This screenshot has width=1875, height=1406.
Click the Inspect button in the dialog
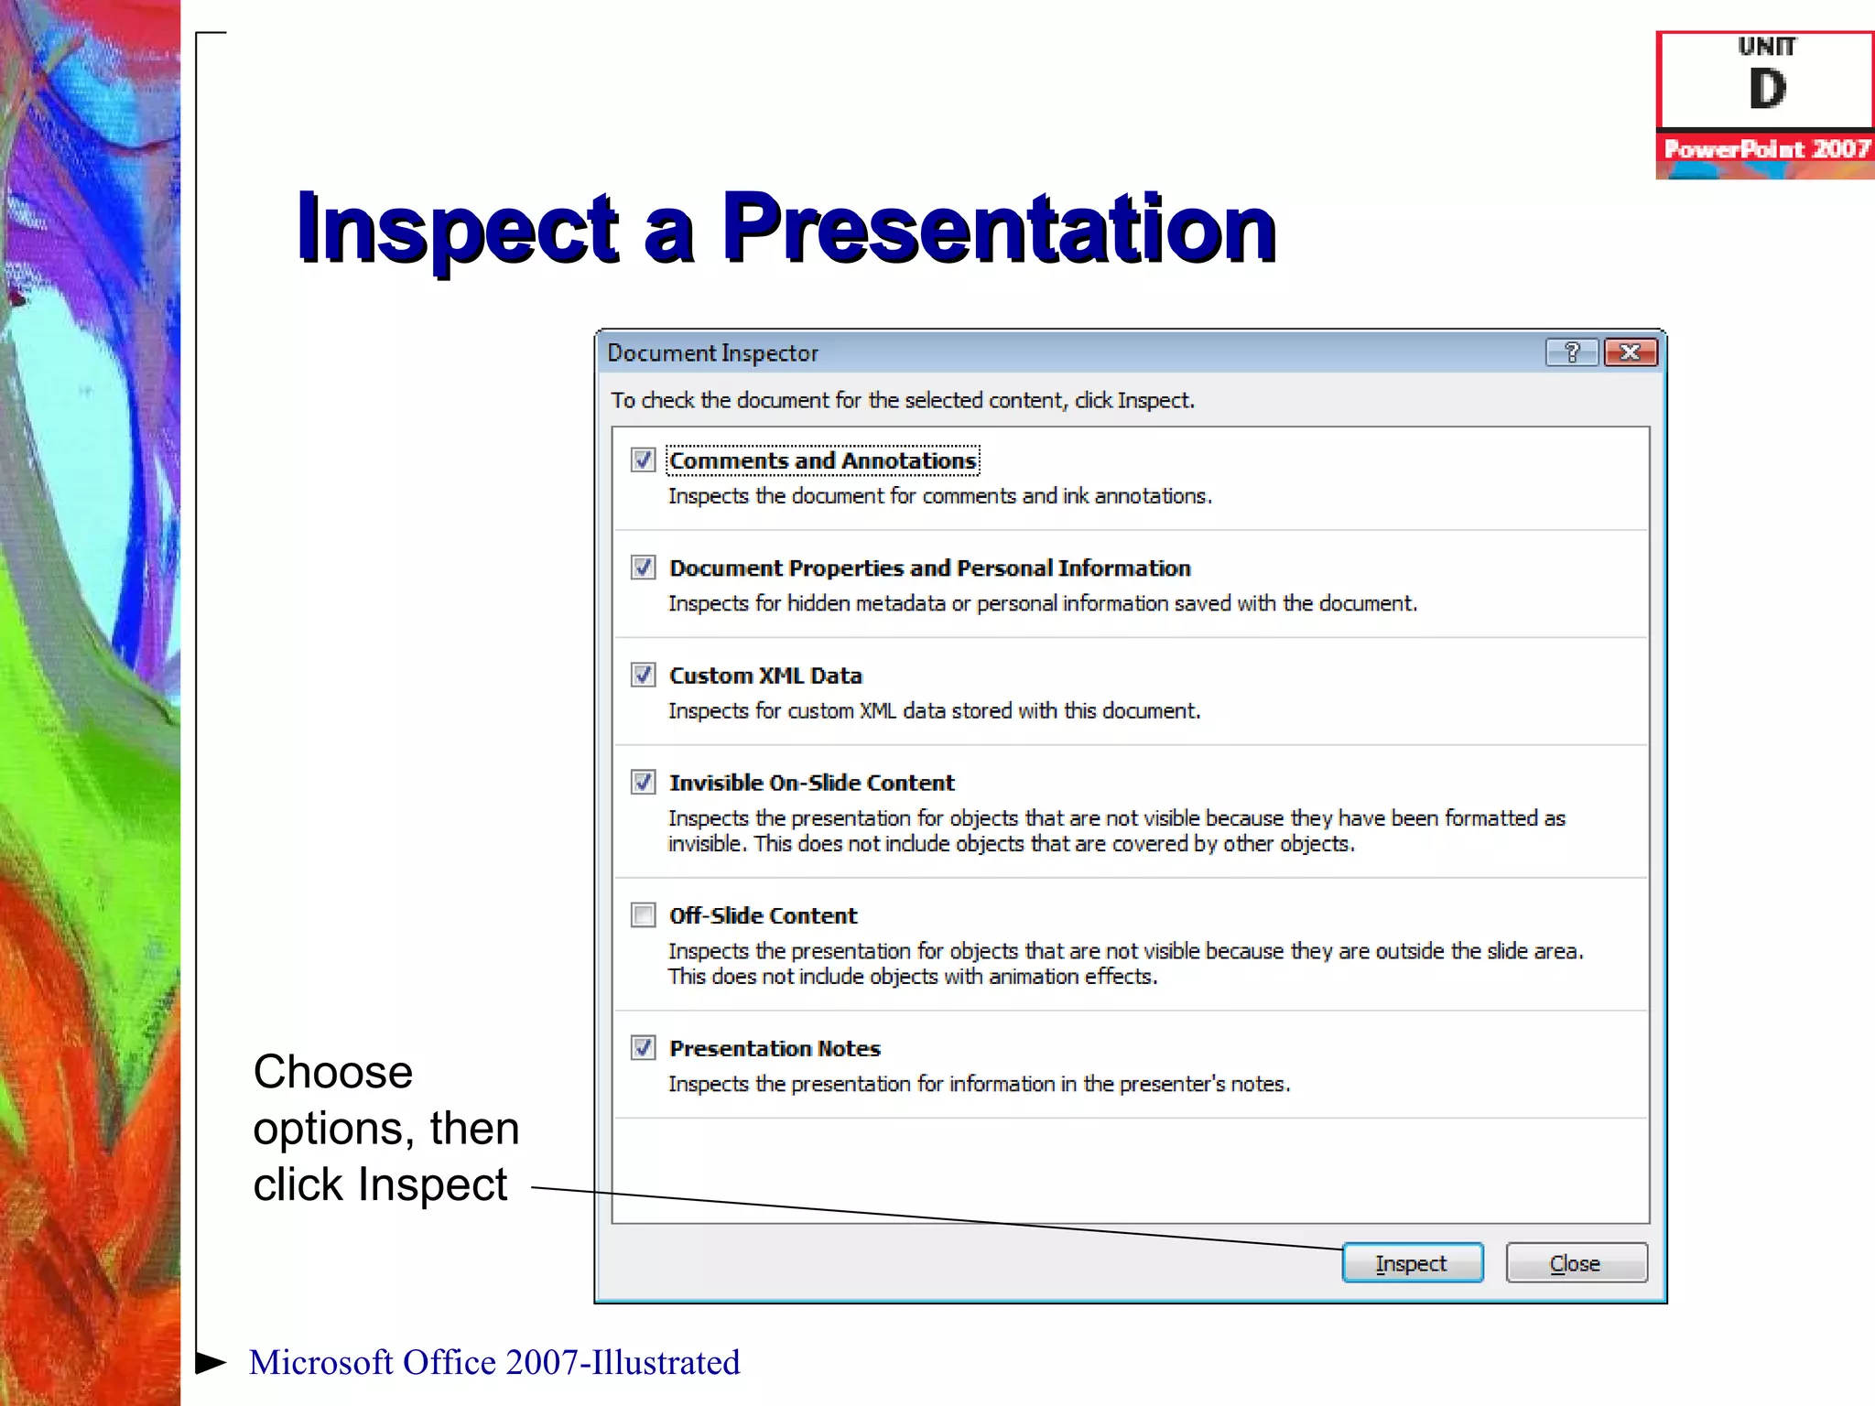click(x=1411, y=1263)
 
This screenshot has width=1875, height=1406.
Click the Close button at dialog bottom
click(x=1575, y=1263)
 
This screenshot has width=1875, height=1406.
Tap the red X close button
click(x=1630, y=352)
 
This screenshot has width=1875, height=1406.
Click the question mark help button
click(x=1571, y=352)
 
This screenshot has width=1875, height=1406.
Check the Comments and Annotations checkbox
click(x=644, y=460)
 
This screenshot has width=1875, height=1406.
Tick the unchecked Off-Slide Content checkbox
click(x=644, y=914)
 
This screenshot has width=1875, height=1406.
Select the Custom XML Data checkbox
click(x=644, y=675)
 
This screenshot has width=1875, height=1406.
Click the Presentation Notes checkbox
click(x=644, y=1047)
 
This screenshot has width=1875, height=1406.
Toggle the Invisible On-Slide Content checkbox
click(x=644, y=782)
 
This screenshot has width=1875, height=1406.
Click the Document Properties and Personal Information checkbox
click(x=644, y=568)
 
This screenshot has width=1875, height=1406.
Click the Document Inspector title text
click(x=712, y=353)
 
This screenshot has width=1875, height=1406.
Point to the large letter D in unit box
click(x=1767, y=90)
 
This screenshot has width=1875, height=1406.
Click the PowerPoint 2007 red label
click(x=1766, y=148)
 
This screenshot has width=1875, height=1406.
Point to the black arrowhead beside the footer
click(x=211, y=1362)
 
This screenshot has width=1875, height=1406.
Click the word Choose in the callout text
click(x=333, y=1072)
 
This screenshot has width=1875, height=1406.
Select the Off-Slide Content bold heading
click(x=763, y=915)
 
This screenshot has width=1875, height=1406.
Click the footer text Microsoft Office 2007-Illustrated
click(x=494, y=1362)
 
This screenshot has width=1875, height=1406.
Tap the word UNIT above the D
click(x=1767, y=47)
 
